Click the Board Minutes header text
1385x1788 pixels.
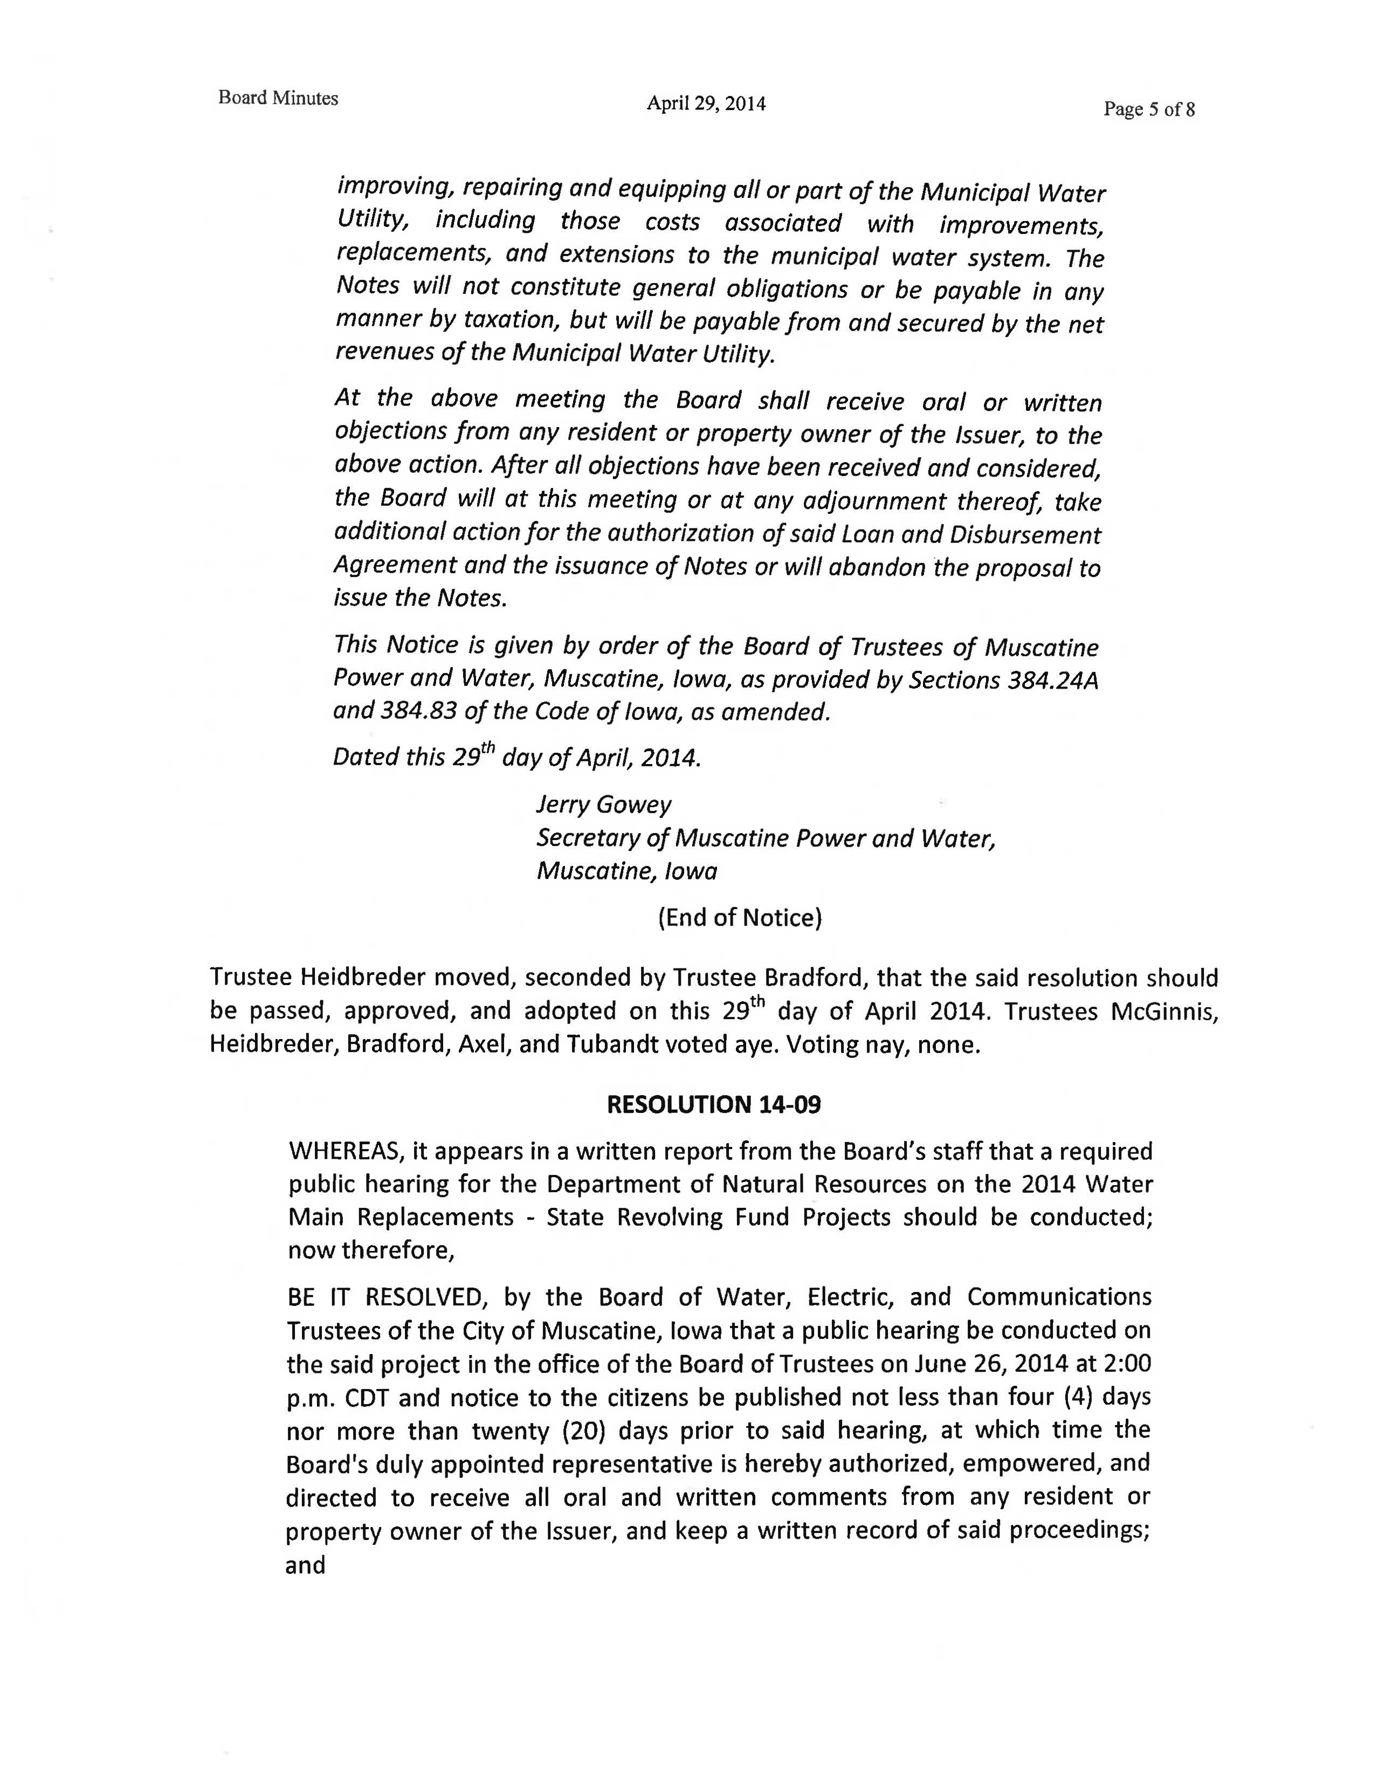point(278,98)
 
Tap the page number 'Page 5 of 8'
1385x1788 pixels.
point(1148,109)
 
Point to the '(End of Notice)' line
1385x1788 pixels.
point(739,917)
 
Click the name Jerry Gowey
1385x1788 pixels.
point(603,805)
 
